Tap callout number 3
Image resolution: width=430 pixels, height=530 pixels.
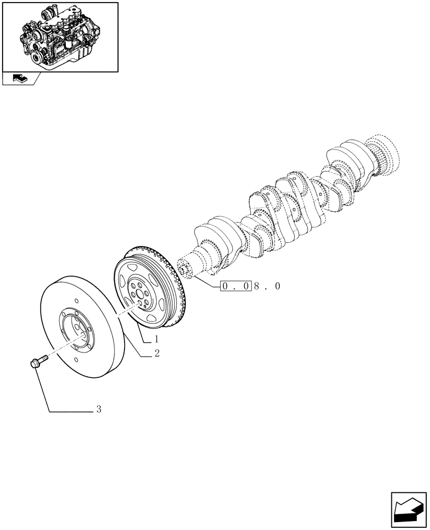pos(98,410)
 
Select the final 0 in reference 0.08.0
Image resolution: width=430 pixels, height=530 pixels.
pos(277,286)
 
